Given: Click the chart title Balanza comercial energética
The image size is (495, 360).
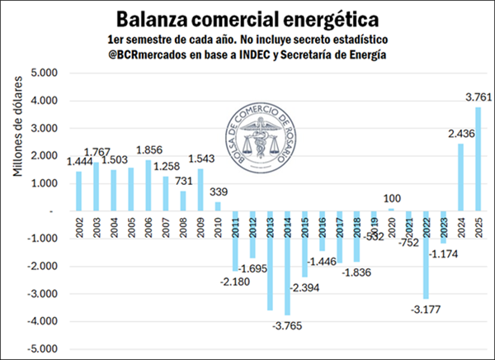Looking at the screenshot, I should point(247,18).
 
